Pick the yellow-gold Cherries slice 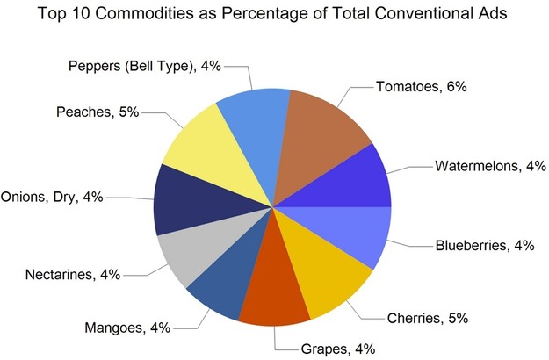click(321, 281)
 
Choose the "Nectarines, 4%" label click(71, 276)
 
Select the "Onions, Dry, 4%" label click(52, 197)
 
